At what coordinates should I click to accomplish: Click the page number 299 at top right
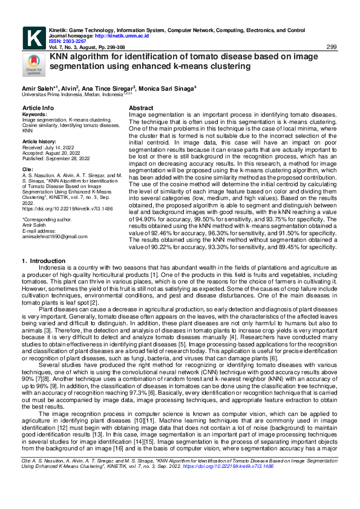click(x=332, y=47)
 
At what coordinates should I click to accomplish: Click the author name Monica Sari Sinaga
click(x=166, y=88)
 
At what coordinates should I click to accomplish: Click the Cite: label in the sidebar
click(x=28, y=169)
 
